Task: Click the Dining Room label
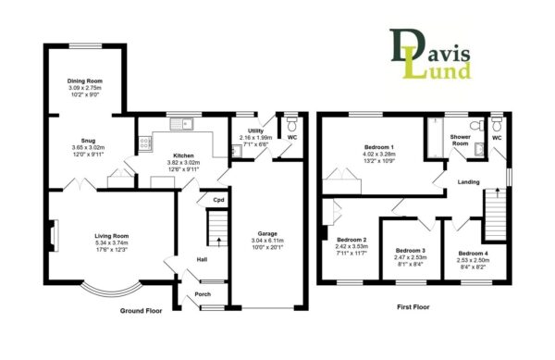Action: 84,81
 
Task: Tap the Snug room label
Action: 88,141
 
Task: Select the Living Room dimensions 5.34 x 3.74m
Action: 112,242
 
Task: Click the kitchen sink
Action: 181,124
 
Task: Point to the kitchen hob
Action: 145,143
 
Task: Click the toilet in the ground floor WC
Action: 292,124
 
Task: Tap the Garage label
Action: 267,233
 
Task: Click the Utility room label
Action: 255,131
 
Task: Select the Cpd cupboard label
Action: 218,200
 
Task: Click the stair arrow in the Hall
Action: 218,242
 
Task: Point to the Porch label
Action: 203,294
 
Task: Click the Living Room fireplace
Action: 53,235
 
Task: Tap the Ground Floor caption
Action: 141,311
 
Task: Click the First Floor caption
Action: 413,307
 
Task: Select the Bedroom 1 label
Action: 379,147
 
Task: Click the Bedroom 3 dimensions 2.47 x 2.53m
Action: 411,257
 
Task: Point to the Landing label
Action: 468,182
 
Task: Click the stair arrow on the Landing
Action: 498,192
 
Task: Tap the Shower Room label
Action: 460,140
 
